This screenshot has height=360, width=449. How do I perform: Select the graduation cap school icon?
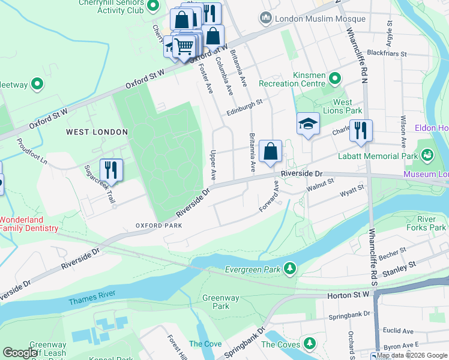coord(308,125)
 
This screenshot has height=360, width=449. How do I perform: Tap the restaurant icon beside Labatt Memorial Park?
coord(361,131)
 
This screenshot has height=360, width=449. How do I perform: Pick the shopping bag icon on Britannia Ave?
coord(271,152)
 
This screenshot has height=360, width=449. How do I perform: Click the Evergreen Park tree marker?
coord(290,268)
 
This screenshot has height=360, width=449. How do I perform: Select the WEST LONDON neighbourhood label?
coord(97,132)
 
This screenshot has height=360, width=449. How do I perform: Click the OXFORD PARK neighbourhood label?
coord(158,226)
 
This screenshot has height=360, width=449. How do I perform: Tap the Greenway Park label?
coord(220,302)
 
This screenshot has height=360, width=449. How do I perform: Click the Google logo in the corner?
coord(20,353)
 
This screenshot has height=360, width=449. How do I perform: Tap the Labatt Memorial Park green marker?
coord(427,155)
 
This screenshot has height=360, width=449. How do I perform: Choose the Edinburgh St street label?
coord(244,107)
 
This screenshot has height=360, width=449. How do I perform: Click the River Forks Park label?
coord(429,223)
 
